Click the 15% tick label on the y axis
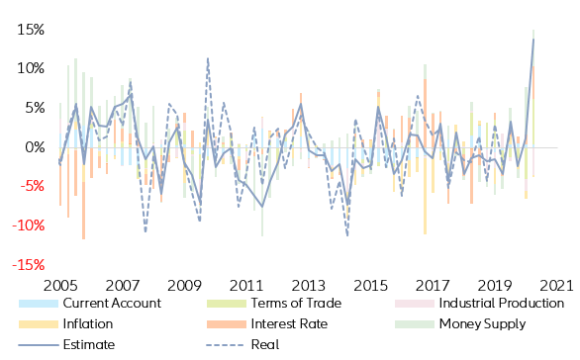point(29,30)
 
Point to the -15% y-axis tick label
point(26,265)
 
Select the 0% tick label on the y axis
point(32,147)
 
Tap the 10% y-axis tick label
point(29,68)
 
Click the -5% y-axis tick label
point(29,187)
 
